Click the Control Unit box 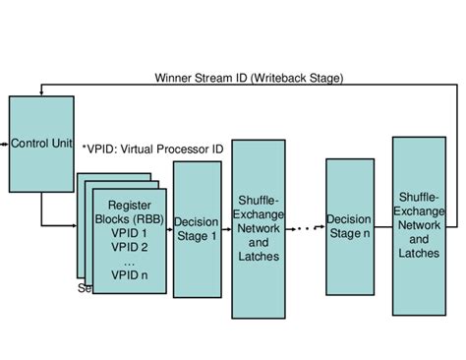[40, 144]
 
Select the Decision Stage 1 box [197, 229]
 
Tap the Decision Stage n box [351, 226]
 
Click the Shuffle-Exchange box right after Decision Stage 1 [259, 228]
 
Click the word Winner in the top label [174, 78]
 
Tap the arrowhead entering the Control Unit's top [40, 93]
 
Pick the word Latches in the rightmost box [419, 253]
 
